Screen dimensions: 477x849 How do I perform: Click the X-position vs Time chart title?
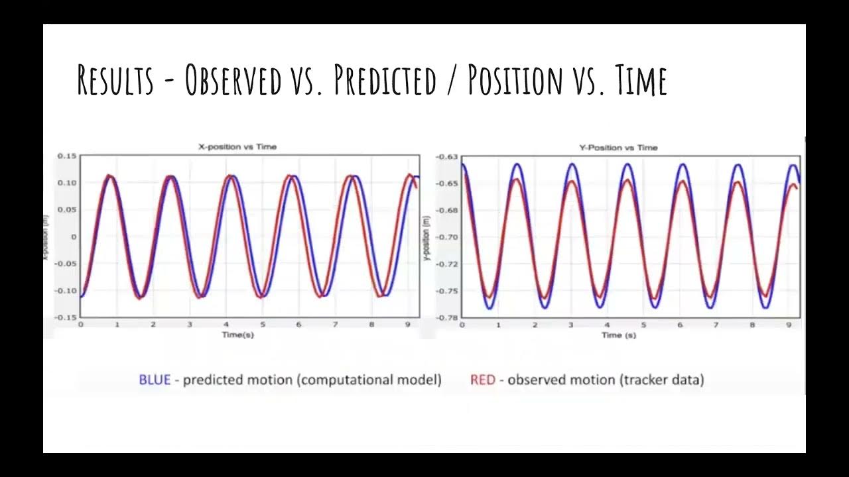point(237,146)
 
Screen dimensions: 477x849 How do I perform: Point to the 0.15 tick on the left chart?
point(66,156)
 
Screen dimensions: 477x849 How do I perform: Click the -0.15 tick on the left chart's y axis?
point(65,318)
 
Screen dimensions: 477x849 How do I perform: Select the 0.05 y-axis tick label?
point(66,210)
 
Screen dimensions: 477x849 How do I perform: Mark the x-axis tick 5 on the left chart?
point(263,325)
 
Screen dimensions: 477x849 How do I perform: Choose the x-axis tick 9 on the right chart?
point(789,325)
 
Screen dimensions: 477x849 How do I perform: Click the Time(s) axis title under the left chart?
point(237,335)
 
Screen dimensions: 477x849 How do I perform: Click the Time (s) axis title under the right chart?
point(618,335)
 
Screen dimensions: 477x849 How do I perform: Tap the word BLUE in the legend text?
point(155,380)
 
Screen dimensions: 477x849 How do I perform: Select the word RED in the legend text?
point(482,380)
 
